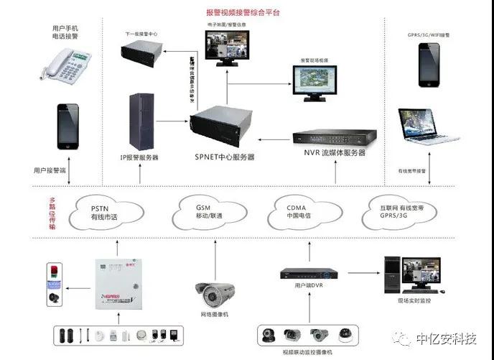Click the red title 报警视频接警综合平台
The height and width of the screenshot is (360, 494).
click(x=243, y=12)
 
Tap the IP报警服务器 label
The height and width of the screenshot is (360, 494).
click(x=139, y=157)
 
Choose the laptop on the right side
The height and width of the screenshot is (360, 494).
click(x=429, y=130)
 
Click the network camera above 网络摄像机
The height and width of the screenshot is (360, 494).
click(x=214, y=291)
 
